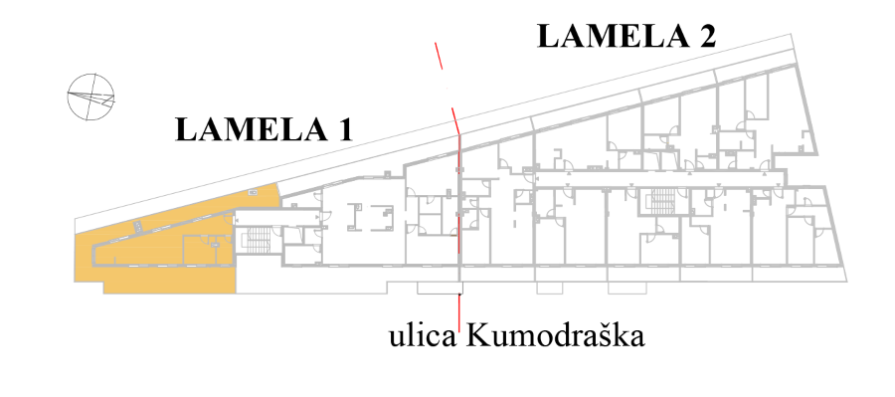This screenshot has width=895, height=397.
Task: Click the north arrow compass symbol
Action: [x=90, y=98]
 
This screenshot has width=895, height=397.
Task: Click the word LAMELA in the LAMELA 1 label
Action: [x=249, y=129]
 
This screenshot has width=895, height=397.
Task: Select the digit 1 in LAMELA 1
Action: [x=344, y=129]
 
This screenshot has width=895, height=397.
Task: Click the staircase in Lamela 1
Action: [x=258, y=240]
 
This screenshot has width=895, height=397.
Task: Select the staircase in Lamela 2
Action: [x=662, y=202]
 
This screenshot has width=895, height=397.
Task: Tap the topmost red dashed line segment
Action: [x=439, y=56]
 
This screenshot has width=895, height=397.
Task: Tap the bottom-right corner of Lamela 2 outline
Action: [x=846, y=281]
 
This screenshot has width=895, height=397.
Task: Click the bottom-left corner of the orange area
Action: [x=103, y=294]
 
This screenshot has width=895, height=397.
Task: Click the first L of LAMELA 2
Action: [x=549, y=36]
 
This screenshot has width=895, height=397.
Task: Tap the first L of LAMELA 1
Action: [x=187, y=129]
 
